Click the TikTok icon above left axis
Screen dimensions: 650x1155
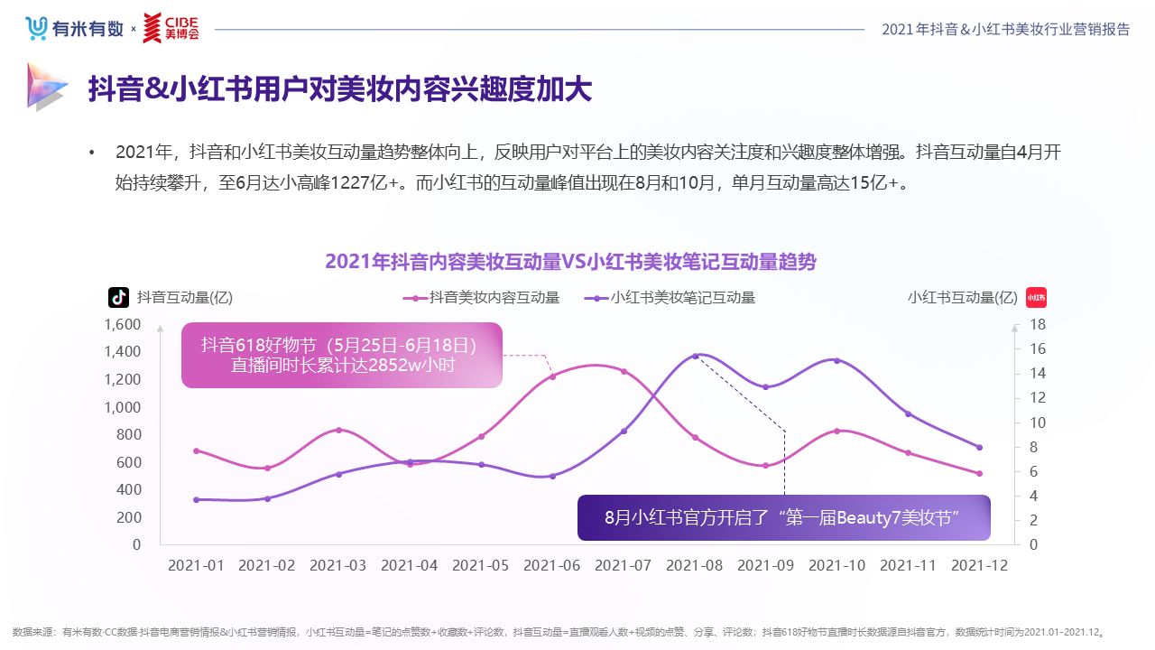point(119,297)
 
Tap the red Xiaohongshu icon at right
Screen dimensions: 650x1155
point(1036,297)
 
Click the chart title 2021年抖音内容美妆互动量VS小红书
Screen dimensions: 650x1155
point(570,262)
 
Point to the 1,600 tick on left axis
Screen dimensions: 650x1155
point(123,324)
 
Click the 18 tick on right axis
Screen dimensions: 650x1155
point(1037,324)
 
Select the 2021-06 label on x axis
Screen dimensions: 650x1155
point(551,565)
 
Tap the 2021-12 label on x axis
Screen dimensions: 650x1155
point(979,565)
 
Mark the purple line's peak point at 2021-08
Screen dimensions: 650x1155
point(695,356)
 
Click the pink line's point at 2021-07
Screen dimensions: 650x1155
point(624,372)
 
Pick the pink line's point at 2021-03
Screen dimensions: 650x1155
point(338,430)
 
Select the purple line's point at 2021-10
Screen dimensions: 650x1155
point(836,361)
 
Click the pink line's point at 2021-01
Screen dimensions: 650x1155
point(196,450)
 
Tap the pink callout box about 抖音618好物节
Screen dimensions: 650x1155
point(341,356)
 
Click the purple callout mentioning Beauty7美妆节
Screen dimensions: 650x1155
point(783,517)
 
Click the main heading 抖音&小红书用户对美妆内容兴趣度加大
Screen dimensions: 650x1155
point(339,89)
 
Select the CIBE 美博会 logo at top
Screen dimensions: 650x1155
point(171,28)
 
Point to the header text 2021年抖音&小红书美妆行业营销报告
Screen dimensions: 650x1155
point(1005,29)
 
